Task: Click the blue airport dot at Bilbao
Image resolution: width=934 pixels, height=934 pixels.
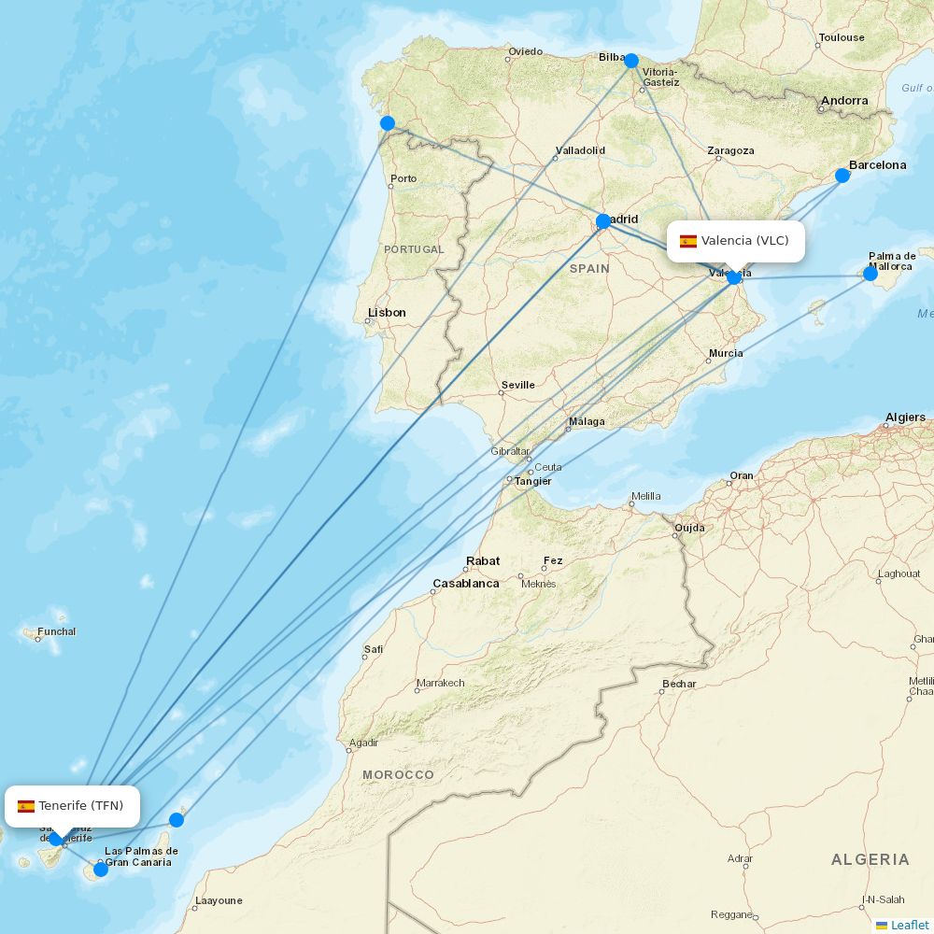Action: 631,61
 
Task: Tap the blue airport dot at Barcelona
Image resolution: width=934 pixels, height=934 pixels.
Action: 842,176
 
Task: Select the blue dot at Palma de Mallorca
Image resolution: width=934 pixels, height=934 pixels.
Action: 870,274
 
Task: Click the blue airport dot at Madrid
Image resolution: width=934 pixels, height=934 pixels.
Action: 603,221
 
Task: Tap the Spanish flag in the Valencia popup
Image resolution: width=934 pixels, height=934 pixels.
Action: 688,241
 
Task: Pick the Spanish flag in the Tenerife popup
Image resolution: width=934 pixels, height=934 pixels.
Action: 26,806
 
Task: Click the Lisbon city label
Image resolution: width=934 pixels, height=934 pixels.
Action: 387,313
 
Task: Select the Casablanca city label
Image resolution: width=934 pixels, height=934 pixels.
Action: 465,584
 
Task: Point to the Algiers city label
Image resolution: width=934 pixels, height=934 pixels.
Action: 905,417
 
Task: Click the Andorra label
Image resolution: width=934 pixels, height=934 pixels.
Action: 844,101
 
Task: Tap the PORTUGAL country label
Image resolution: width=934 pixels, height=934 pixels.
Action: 414,249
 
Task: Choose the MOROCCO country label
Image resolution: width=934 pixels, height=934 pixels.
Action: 398,775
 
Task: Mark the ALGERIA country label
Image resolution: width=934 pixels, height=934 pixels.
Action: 870,859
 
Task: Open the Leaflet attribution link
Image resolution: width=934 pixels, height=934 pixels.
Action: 909,925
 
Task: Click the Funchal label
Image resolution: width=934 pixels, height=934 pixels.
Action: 57,632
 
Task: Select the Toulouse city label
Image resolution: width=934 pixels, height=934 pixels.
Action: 841,38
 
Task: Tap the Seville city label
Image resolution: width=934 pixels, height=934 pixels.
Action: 517,385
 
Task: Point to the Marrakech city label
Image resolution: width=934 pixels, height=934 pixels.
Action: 440,683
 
